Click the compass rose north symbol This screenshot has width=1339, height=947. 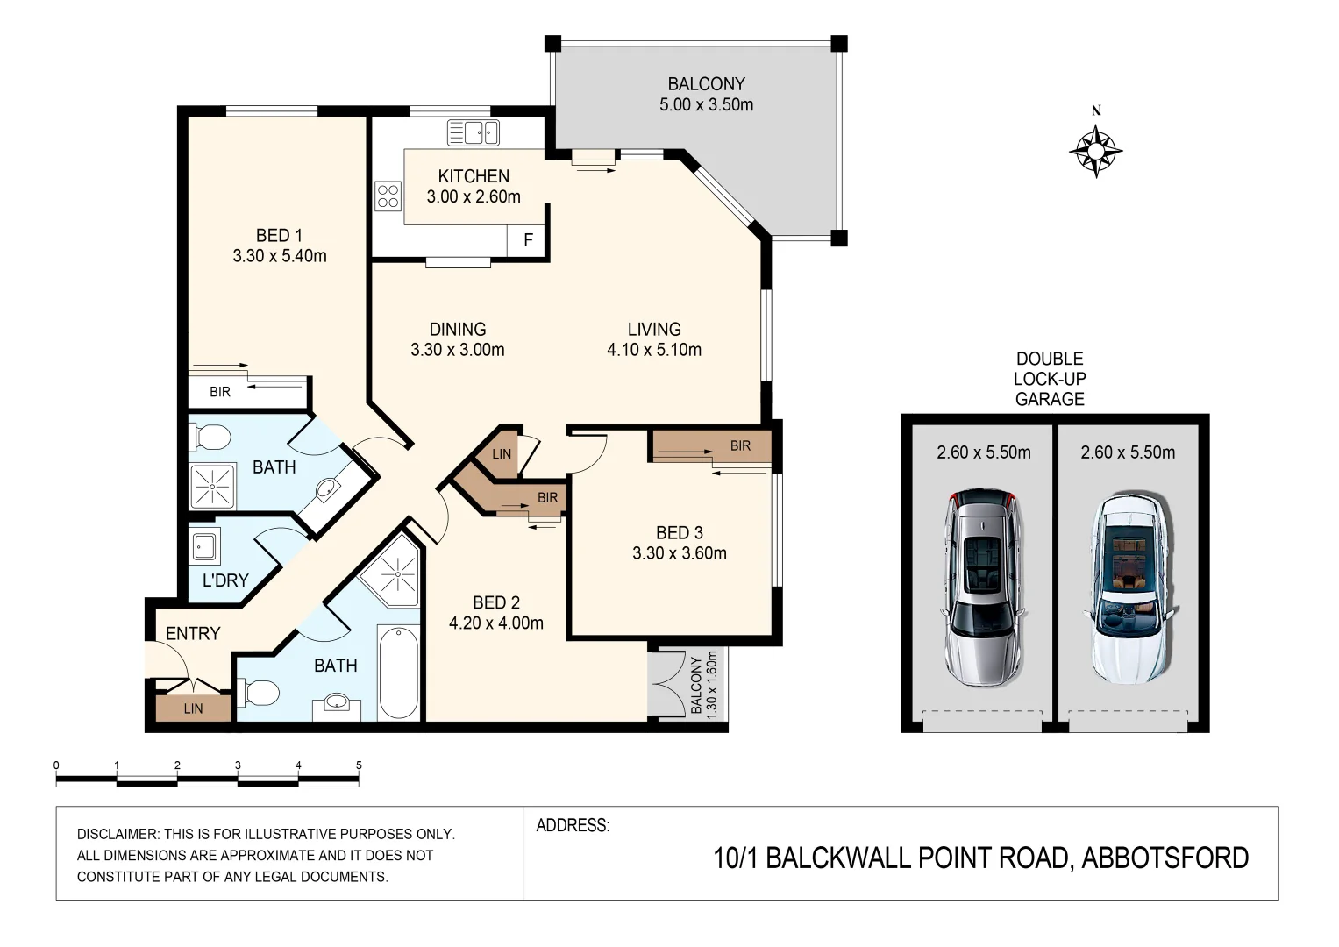1096,151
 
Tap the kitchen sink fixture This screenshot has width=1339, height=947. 474,132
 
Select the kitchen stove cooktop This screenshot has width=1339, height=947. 388,196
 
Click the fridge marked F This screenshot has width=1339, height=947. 528,240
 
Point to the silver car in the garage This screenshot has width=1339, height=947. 982,587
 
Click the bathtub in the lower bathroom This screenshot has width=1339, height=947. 399,672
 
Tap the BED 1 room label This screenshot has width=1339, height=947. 279,235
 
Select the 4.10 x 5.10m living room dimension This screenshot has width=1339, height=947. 654,349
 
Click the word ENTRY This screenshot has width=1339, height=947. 193,633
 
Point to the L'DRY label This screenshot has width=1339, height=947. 225,580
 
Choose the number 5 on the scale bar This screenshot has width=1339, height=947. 359,765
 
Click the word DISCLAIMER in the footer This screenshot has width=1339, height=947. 118,834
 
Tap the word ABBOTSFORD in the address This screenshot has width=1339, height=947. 1165,858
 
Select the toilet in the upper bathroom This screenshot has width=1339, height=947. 210,437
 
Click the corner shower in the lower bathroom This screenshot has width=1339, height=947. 392,576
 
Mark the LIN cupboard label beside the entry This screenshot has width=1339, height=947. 193,708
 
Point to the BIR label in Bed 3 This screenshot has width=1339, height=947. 740,445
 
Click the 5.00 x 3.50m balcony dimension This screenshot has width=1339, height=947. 706,104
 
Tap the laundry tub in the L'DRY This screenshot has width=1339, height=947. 204,546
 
